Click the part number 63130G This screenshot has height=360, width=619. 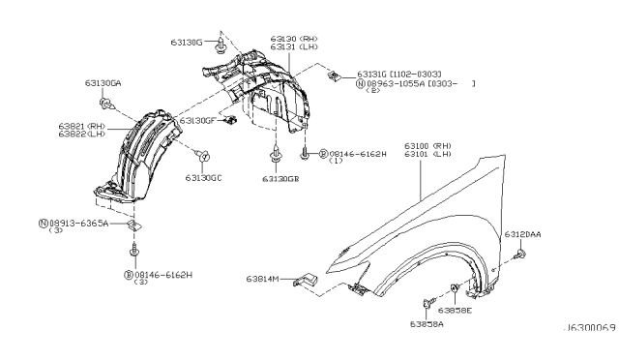[x=187, y=43]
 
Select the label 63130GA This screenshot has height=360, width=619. [x=103, y=84]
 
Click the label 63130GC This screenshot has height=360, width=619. [x=204, y=178]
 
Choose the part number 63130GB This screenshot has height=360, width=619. [x=280, y=178]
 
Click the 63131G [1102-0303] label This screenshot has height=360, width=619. [x=398, y=74]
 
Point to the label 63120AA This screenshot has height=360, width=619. [x=523, y=235]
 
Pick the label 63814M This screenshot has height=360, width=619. [x=261, y=279]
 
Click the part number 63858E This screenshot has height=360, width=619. [x=454, y=311]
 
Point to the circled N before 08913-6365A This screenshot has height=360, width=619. [x=44, y=223]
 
